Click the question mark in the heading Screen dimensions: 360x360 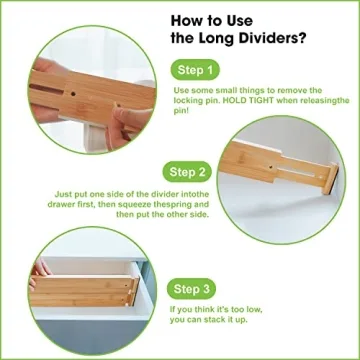tap(306, 39)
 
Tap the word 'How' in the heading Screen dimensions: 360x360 tap(187, 18)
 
